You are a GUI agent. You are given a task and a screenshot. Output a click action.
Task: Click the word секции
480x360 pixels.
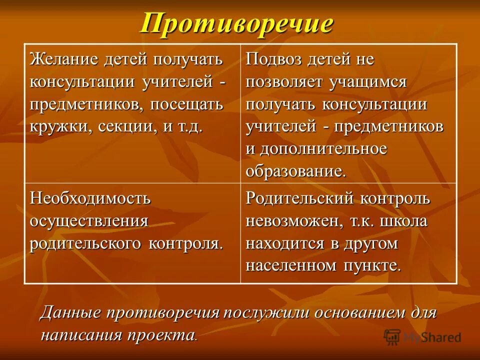coord(126,126)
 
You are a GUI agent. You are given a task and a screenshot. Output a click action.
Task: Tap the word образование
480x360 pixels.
coord(295,171)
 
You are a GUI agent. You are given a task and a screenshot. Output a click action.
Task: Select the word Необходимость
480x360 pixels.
coord(90,198)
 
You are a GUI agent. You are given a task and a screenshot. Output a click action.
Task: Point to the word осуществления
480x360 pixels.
coord(89,220)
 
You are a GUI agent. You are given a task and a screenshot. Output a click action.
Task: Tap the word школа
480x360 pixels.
coord(403,220)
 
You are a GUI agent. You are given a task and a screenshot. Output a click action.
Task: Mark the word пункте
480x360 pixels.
coord(373,265)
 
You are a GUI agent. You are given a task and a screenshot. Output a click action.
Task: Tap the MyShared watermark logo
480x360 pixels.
coord(422,337)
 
